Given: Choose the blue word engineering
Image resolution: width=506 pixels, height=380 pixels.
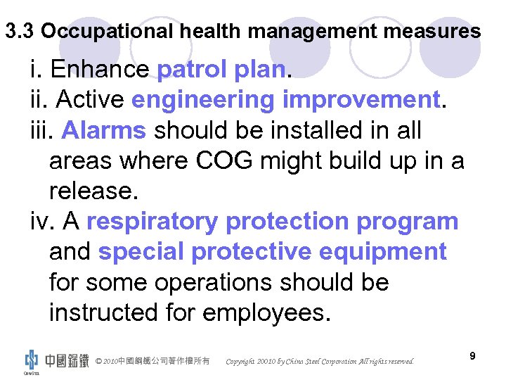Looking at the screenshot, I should [x=203, y=100].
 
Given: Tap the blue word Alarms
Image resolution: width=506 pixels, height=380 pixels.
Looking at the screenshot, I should [x=104, y=130].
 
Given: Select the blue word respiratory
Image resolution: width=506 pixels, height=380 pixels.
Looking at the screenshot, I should [x=152, y=221].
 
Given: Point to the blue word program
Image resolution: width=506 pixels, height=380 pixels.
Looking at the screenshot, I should [x=407, y=221].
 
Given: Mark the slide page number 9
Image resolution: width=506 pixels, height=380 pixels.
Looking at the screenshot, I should [x=472, y=356].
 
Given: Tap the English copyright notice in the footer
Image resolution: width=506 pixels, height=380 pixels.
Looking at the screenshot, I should [x=320, y=362].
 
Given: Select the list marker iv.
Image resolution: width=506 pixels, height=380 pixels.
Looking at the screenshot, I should [x=44, y=221].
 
